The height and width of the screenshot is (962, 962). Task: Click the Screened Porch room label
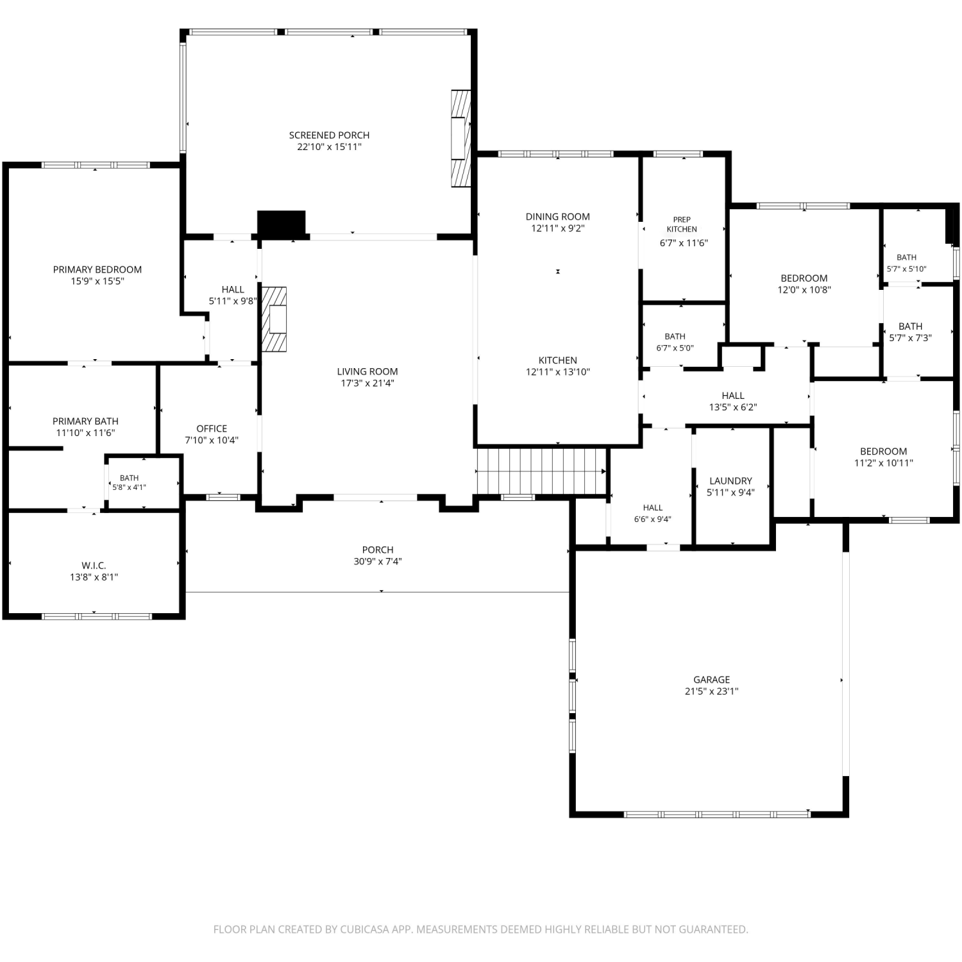[329, 135]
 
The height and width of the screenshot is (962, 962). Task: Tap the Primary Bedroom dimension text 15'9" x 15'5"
[97, 281]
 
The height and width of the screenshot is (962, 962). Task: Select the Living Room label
[367, 371]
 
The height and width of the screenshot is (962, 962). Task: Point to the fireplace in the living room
[274, 319]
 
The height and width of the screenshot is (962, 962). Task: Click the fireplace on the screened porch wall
[460, 138]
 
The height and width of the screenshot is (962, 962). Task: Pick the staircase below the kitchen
[542, 471]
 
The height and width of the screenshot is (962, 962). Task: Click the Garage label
[711, 680]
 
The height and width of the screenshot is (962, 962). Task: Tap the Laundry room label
[730, 481]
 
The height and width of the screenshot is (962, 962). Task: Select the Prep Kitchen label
[682, 224]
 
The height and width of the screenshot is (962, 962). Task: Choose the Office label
[212, 428]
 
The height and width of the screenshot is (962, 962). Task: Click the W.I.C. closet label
[94, 566]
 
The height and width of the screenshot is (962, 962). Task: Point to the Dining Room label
[558, 217]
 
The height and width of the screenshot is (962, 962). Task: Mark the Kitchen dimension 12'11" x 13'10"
[558, 372]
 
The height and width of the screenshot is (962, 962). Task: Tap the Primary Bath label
[85, 421]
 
